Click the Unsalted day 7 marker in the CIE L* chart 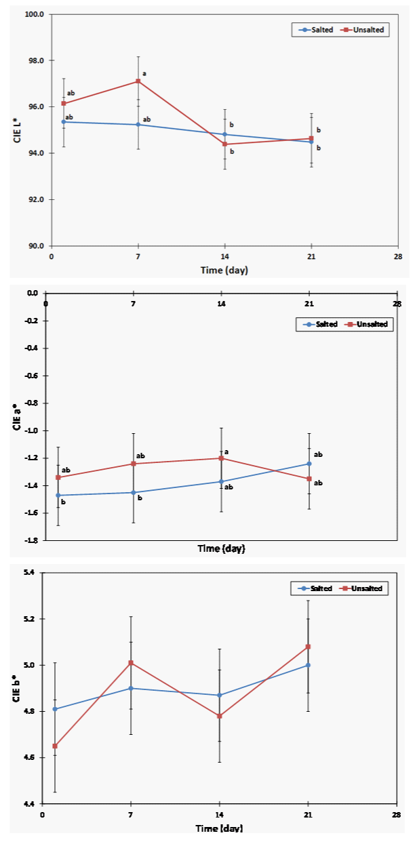click(138, 81)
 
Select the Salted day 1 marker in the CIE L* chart click(64, 122)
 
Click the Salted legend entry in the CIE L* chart click(317, 31)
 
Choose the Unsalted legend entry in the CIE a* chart click(367, 325)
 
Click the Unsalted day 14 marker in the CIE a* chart click(221, 458)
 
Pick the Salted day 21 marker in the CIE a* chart click(309, 464)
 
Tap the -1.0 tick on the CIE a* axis click(32, 430)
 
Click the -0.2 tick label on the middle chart click(32, 321)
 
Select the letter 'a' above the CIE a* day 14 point click(227, 451)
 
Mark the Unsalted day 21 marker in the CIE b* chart click(308, 647)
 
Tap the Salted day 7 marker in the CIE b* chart click(131, 688)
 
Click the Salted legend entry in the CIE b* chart click(315, 588)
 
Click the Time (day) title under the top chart click(224, 270)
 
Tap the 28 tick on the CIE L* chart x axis click(397, 258)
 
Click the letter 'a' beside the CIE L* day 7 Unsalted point click(144, 74)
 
